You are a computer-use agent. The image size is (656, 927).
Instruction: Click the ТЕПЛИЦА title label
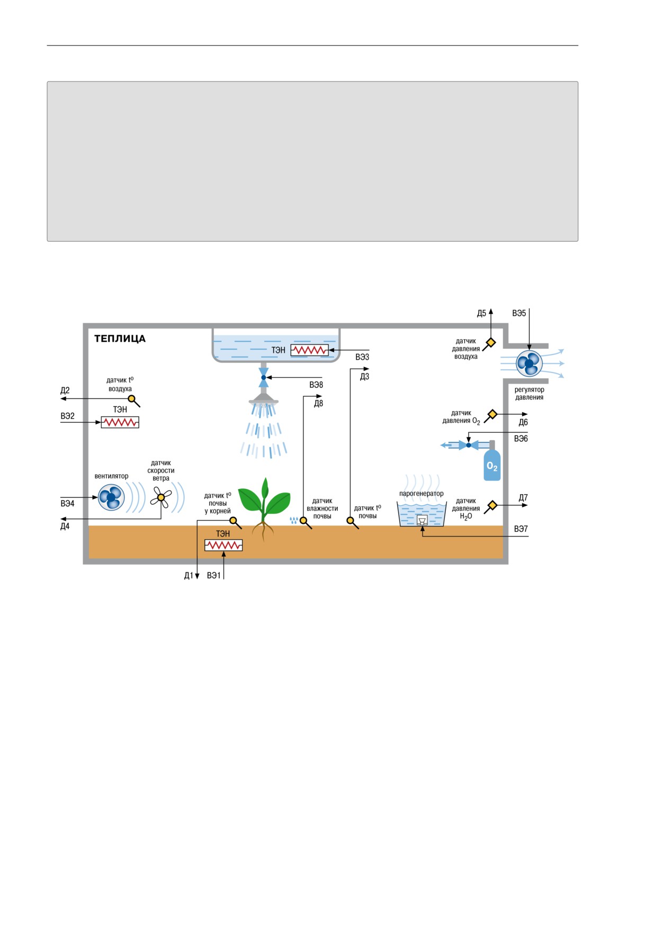click(120, 339)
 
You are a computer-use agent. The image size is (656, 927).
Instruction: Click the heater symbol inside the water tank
click(310, 350)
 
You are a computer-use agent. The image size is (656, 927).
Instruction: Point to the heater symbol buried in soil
click(223, 545)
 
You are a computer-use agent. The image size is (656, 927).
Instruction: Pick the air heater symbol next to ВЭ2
click(120, 422)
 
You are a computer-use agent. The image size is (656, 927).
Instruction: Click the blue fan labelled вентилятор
click(111, 497)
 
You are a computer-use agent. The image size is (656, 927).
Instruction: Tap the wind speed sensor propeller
click(161, 497)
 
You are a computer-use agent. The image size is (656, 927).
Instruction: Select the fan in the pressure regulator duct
click(529, 363)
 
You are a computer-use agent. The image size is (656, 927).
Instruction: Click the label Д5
click(481, 313)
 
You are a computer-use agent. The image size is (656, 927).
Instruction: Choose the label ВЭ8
click(316, 385)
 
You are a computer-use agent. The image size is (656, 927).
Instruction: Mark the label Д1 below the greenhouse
click(188, 576)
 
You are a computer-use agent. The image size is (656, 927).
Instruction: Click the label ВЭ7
click(521, 529)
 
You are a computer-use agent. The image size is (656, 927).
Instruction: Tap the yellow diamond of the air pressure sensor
click(491, 342)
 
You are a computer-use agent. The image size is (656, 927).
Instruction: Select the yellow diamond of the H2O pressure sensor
click(492, 505)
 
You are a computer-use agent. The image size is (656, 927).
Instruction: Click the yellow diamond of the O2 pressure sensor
click(492, 414)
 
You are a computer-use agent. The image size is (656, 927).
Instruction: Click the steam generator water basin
click(422, 514)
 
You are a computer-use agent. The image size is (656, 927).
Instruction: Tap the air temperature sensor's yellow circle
click(132, 399)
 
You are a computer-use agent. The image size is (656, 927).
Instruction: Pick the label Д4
click(65, 526)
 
